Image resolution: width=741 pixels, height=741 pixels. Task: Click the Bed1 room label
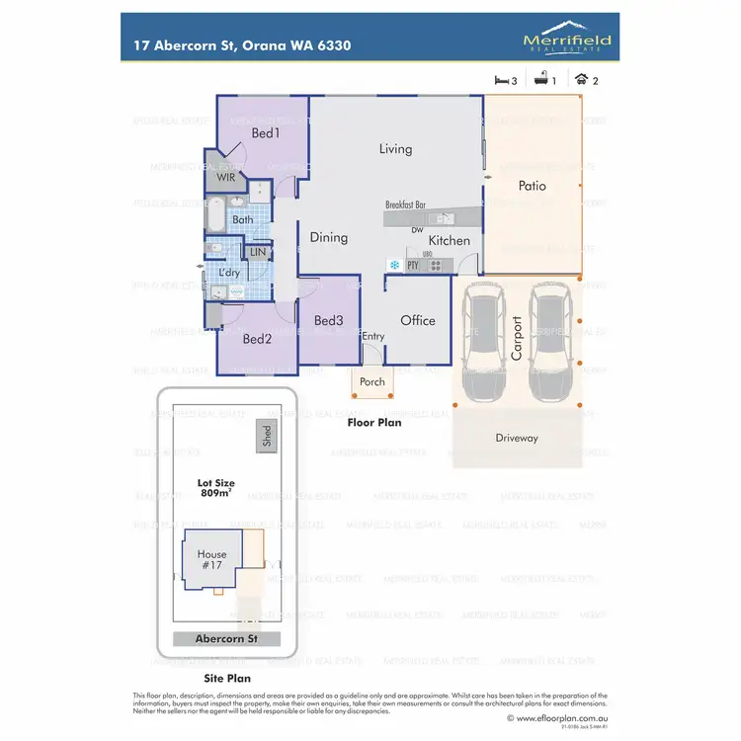pyautogui.click(x=266, y=133)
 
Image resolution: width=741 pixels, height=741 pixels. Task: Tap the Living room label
pyautogui.click(x=395, y=149)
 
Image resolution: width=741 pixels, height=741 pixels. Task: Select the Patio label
pyautogui.click(x=533, y=186)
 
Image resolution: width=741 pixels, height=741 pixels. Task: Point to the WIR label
pyautogui.click(x=226, y=178)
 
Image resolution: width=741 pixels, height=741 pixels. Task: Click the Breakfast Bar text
pyautogui.click(x=405, y=205)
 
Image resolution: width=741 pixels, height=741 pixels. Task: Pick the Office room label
pyautogui.click(x=418, y=320)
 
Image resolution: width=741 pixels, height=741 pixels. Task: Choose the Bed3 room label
pyautogui.click(x=329, y=320)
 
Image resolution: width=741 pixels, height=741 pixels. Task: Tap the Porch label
pyautogui.click(x=372, y=382)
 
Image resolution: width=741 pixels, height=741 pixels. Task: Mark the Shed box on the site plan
pyautogui.click(x=266, y=436)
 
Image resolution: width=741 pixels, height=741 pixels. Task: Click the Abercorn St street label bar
pyautogui.click(x=226, y=639)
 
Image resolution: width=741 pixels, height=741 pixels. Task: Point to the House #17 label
pyautogui.click(x=211, y=560)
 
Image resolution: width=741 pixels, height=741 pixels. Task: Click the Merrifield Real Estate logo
pyautogui.click(x=566, y=41)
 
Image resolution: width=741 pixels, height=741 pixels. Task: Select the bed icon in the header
pyautogui.click(x=501, y=80)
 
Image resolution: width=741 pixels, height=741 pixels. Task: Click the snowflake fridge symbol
pyautogui.click(x=393, y=266)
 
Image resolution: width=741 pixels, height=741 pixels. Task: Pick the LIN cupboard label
pyautogui.click(x=258, y=253)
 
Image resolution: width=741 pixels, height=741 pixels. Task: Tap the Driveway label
pyautogui.click(x=517, y=438)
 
